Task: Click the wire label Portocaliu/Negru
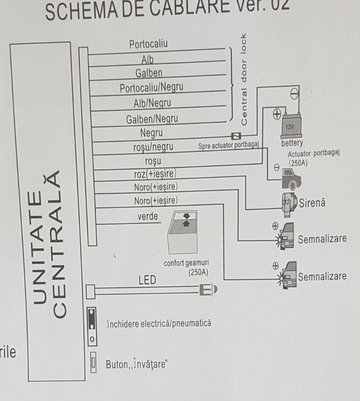tap(152, 88)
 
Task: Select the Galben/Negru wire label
tap(152, 119)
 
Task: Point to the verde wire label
tap(148, 217)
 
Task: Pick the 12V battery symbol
tap(291, 125)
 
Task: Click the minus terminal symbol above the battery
tap(295, 92)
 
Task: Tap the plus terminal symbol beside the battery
tap(276, 113)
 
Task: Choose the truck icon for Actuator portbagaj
tap(291, 177)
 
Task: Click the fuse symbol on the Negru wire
tap(236, 136)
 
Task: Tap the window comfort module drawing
tap(184, 235)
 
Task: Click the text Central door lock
tap(244, 79)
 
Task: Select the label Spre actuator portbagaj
tap(228, 145)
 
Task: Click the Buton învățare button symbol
tap(94, 363)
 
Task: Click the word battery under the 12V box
tap(292, 143)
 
